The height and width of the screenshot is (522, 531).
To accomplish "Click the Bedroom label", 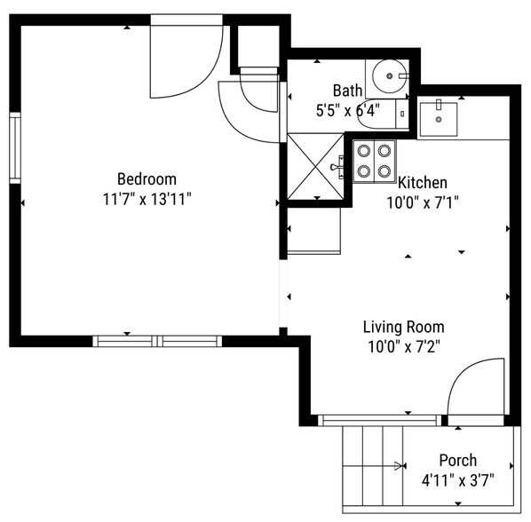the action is point(147,178).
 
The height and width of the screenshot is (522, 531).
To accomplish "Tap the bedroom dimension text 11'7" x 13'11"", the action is point(147,199).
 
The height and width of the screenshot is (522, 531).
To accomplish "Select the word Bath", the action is point(347,91).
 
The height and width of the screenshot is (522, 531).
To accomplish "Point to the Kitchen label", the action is point(423,183).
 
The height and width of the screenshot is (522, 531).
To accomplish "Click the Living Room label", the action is point(404,327).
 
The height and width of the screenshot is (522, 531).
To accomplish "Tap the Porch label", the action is point(458,460).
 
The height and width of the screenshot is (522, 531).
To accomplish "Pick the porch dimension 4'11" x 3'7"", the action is point(458,480).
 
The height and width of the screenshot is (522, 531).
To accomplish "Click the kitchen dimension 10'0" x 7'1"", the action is point(423,202).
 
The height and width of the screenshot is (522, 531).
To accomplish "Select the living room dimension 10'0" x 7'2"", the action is point(404,347).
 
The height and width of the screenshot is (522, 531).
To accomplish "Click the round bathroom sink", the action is point(390,76).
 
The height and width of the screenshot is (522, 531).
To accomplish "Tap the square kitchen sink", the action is point(439,119).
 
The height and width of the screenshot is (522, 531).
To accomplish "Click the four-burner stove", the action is point(374,162).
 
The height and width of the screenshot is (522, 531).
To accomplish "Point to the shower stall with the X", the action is point(315,167).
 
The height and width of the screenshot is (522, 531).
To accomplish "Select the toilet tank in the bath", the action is point(402,115).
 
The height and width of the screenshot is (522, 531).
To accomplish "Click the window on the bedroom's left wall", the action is point(15,148).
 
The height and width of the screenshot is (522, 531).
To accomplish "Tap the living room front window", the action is point(380,420).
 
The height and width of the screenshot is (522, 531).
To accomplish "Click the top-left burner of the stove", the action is point(364,151).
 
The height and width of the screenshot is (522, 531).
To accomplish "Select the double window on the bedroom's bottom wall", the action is point(157,341).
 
